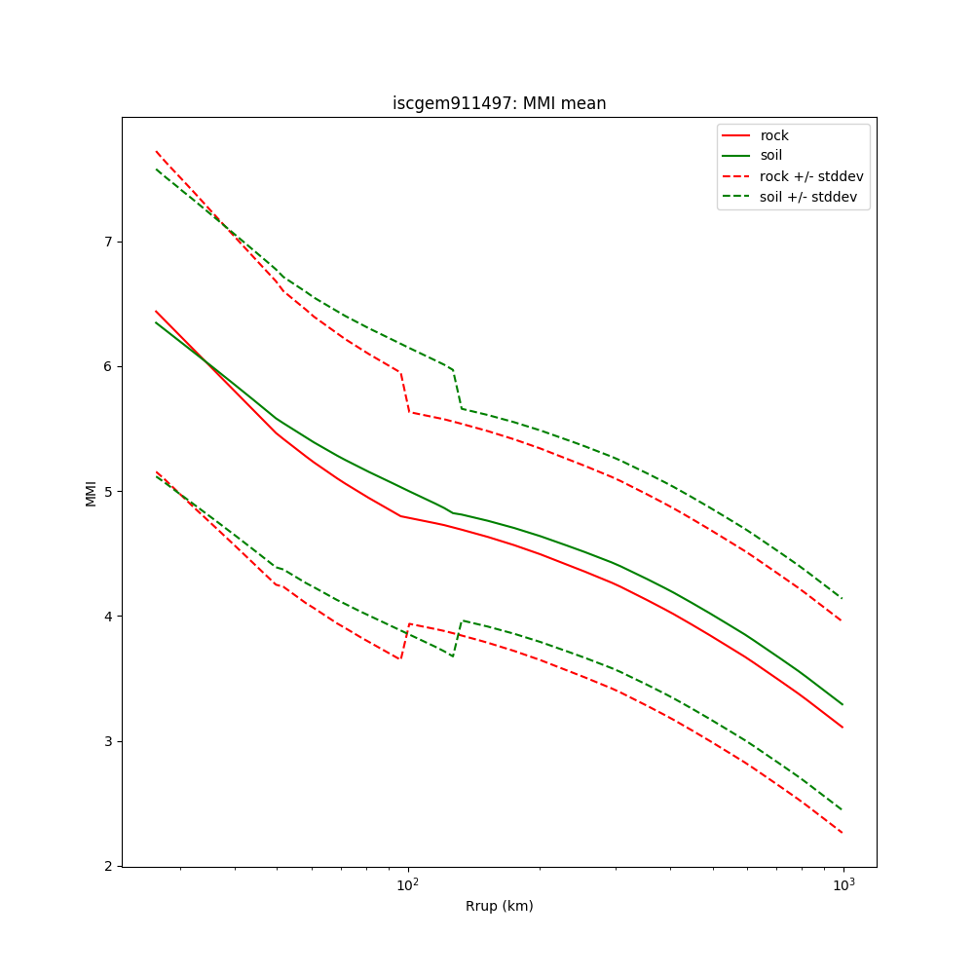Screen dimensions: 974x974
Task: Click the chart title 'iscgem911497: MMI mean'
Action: click(499, 103)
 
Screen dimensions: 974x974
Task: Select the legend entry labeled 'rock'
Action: click(774, 135)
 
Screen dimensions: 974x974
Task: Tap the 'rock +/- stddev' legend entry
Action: click(811, 176)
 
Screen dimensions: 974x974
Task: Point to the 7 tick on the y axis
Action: click(107, 242)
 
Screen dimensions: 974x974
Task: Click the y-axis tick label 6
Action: click(107, 366)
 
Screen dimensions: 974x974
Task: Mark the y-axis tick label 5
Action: click(107, 491)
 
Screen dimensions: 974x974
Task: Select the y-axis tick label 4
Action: click(107, 617)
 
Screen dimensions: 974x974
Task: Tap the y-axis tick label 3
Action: click(107, 741)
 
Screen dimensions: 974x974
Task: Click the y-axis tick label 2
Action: click(107, 866)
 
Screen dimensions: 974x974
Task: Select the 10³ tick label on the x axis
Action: click(843, 884)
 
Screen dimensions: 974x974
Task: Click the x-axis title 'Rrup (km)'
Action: click(499, 906)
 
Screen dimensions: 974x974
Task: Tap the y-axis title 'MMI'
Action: click(91, 492)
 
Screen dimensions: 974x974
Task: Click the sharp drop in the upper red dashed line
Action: click(404, 392)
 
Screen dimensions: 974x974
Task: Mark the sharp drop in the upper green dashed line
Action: click(457, 389)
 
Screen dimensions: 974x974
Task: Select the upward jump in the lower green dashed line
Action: click(457, 638)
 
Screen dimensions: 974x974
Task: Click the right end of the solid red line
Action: click(843, 727)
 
